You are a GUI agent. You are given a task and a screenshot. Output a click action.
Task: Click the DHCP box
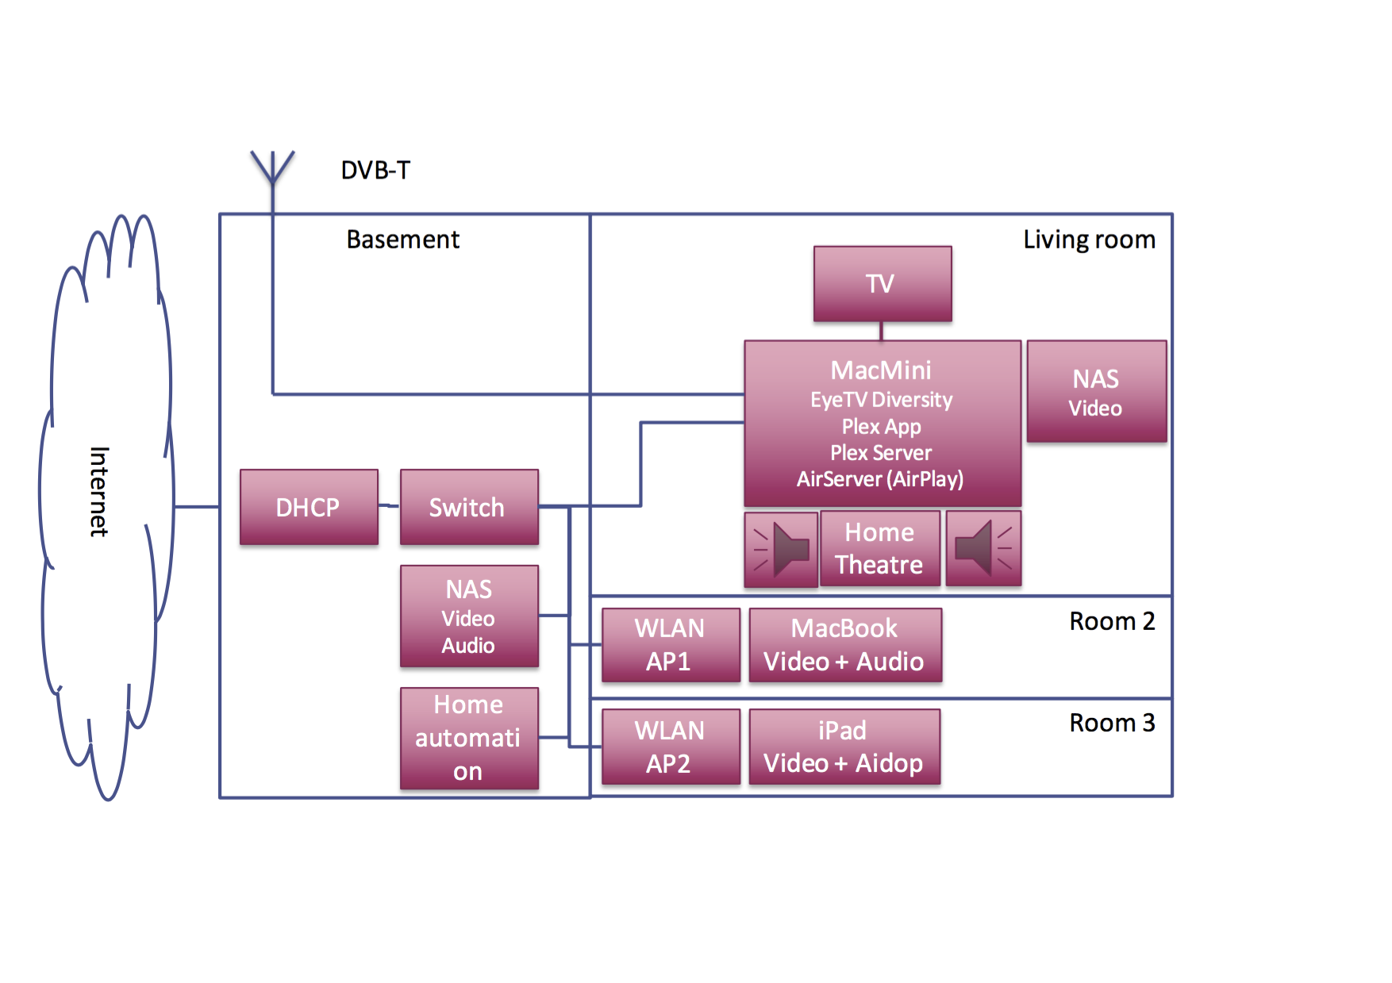coord(309,507)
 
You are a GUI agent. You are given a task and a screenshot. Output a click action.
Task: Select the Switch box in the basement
coord(469,507)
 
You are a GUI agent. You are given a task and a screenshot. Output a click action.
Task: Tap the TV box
coord(882,283)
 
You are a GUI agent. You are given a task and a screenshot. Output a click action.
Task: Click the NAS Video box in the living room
coord(1096,391)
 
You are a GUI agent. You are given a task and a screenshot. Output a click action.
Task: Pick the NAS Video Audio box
coord(469,616)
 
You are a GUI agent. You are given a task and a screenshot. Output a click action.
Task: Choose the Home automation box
coord(469,738)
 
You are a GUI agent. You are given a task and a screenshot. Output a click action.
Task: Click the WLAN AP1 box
coord(671,644)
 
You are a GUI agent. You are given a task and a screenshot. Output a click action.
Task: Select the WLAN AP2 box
coord(671,747)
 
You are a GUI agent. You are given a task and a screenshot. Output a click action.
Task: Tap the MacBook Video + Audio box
coord(844,644)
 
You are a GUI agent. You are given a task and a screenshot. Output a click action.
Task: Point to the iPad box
coord(844,747)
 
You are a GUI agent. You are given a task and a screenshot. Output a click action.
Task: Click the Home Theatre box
coord(879,548)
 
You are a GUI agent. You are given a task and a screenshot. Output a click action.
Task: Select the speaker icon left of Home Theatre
coord(781,548)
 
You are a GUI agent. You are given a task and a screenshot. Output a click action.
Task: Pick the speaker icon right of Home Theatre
coord(983,548)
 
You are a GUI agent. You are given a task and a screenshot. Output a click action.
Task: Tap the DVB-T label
coord(375,170)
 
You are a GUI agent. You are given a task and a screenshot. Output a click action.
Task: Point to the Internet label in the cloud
coord(99,491)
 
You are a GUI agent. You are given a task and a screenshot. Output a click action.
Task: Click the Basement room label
coord(402,240)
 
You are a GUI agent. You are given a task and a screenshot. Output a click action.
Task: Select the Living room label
coord(1089,240)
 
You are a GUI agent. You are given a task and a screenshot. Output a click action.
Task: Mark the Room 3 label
coord(1112,723)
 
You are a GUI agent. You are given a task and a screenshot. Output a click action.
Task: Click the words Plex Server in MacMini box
coord(881,453)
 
